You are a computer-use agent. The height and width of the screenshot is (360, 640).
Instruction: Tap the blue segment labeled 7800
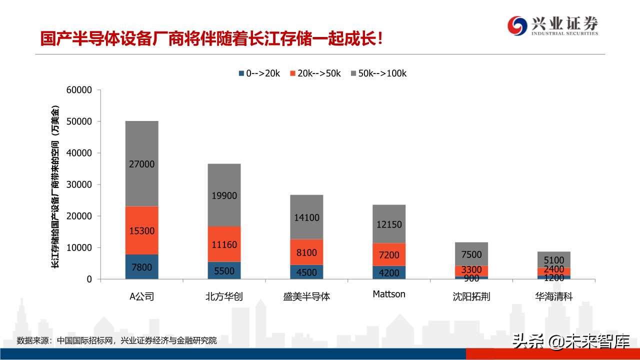(142, 267)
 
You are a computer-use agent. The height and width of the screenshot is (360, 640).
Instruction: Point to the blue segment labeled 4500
(306, 272)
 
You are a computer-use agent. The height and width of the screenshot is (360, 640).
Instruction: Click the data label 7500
(471, 255)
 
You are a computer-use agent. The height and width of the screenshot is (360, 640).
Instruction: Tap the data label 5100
(554, 260)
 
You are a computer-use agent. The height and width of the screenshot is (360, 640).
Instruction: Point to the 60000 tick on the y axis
(79, 90)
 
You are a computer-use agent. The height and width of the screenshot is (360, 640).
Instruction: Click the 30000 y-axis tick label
(79, 184)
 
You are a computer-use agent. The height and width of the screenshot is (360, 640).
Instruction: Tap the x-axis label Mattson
(389, 294)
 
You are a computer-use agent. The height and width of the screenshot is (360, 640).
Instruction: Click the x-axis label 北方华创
(224, 296)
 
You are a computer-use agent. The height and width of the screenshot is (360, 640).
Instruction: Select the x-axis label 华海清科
(554, 296)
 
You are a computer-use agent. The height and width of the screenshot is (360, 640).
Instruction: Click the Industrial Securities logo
(552, 25)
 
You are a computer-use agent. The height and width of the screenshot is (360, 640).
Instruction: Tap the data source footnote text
(117, 340)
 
